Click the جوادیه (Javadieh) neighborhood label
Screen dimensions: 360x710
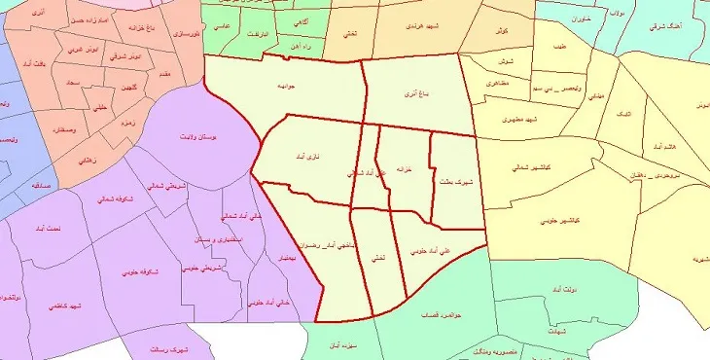click(x=286, y=87)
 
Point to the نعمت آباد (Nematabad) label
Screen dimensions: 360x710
click(x=46, y=230)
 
